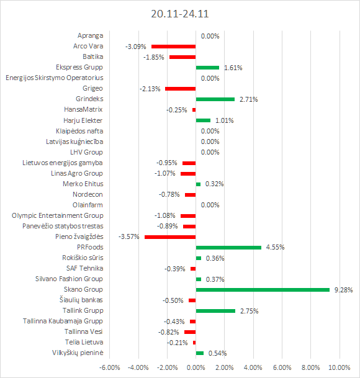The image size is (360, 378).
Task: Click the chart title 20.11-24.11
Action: tap(179, 14)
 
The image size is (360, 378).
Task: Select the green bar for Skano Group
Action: tap(263, 290)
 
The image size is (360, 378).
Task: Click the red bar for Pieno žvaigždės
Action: tap(170, 237)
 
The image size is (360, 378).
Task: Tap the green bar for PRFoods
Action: tap(228, 248)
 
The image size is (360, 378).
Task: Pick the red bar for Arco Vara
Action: tap(173, 47)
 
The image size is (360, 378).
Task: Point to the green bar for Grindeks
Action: tap(215, 99)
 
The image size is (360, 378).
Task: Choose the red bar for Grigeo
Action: tap(181, 89)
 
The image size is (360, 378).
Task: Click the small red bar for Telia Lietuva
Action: tap(194, 343)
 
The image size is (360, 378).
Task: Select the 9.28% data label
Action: tap(343, 290)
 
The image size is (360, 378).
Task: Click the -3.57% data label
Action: tap(128, 236)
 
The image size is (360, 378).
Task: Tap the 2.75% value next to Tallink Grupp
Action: tap(249, 311)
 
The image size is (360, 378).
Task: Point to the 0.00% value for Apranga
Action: tap(210, 36)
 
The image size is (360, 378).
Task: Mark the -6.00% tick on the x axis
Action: tap(110, 367)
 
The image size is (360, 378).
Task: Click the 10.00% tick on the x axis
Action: tap(340, 367)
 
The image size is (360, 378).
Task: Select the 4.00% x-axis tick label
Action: tap(253, 367)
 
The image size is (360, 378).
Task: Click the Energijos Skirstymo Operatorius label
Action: tap(55, 78)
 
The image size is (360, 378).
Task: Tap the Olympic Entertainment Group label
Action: tap(58, 215)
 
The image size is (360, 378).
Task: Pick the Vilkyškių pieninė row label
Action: tap(78, 353)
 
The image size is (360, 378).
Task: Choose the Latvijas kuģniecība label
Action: tap(74, 142)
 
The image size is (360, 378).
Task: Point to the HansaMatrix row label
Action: tap(83, 109)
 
